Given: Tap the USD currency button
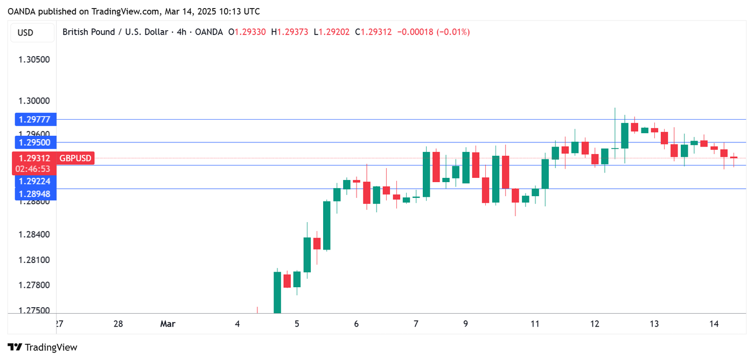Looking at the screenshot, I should pos(26,32).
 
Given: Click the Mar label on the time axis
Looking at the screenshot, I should pos(167,324).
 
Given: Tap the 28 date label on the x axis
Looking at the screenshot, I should pos(118,324).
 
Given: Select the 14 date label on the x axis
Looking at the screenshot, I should pos(714,324).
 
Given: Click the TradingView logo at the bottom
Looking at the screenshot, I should pos(43,348).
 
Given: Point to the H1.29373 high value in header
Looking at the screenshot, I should pos(289,32).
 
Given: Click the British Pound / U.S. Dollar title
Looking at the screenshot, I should pos(115,32).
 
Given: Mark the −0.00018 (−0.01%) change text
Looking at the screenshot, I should pos(433,32).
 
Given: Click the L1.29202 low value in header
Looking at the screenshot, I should pos(331,32).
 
